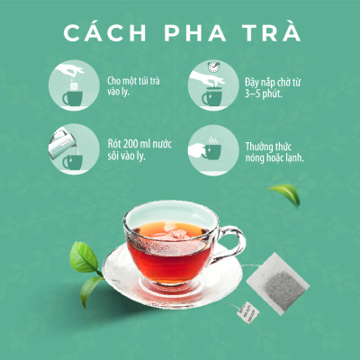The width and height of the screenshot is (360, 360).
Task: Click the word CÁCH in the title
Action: point(104,32)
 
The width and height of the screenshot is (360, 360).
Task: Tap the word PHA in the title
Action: point(195,32)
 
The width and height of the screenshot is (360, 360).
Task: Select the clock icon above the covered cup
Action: point(213,67)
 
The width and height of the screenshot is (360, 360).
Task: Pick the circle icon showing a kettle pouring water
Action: point(74,149)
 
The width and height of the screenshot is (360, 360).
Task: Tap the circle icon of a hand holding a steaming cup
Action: point(213,150)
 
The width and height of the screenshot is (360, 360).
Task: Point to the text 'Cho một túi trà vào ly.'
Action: point(133,85)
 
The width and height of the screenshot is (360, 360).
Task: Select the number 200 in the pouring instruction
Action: point(130,144)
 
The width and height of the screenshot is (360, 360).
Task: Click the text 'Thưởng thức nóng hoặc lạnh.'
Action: point(274,152)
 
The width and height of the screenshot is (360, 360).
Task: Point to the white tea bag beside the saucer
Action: point(277,283)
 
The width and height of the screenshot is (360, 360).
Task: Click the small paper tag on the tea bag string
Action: point(247,312)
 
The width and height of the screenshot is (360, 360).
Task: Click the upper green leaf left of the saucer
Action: point(84,257)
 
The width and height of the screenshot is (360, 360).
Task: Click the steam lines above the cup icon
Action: point(213,140)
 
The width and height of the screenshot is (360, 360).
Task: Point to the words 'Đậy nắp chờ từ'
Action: point(273,83)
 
